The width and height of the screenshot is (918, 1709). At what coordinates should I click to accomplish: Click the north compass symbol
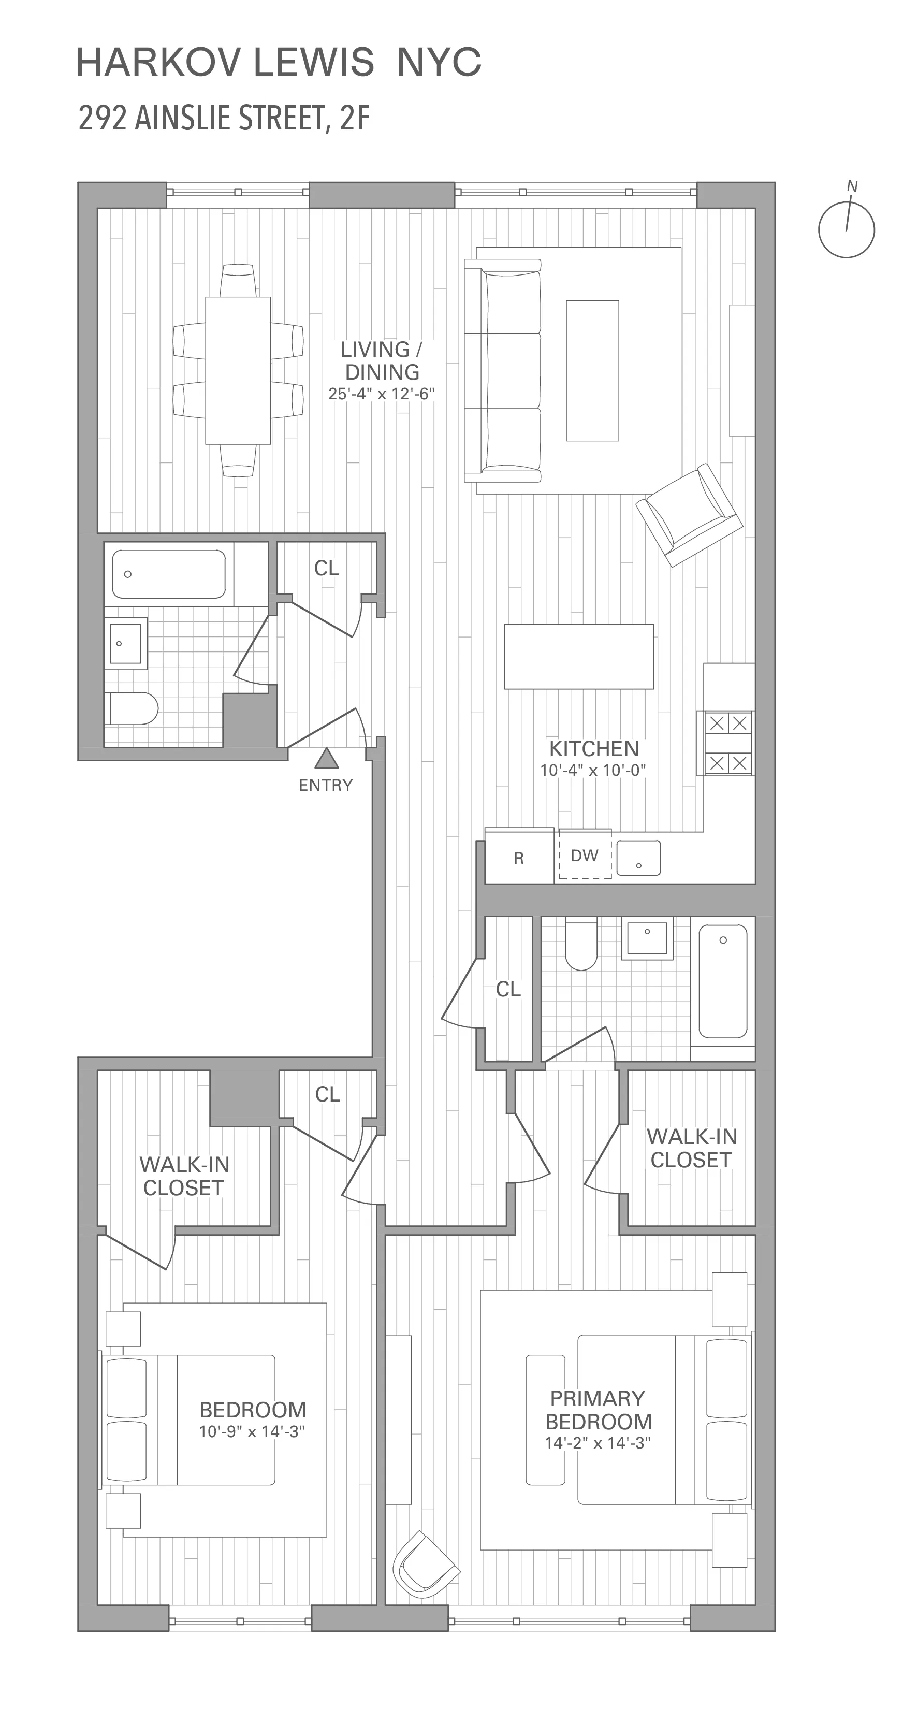pos(847,228)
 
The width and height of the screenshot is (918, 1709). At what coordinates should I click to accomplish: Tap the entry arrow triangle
pos(325,758)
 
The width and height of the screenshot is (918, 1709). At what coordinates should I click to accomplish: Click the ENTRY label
pos(325,786)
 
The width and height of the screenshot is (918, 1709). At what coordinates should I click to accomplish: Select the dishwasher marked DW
pos(585,855)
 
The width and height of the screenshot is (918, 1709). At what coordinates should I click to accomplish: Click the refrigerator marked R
pos(519,858)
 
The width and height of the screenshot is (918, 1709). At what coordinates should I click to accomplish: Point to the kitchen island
pos(578,656)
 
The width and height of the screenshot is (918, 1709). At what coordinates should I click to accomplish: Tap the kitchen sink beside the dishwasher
pos(638,858)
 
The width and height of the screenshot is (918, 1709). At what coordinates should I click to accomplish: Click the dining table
pos(238,370)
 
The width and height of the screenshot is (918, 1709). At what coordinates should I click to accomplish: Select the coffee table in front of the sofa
pos(592,370)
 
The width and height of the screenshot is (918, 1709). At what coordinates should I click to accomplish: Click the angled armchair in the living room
pos(689,515)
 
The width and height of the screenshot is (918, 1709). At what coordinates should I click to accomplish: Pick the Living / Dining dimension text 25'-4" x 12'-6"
pos(382,394)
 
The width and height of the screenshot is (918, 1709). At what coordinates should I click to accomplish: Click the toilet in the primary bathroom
pos(581,944)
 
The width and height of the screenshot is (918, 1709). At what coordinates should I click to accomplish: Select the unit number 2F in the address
pos(354,119)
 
